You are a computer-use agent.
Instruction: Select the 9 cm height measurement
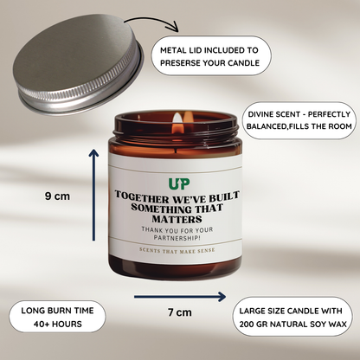(58, 196)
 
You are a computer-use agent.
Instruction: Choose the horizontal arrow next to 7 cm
(164, 296)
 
